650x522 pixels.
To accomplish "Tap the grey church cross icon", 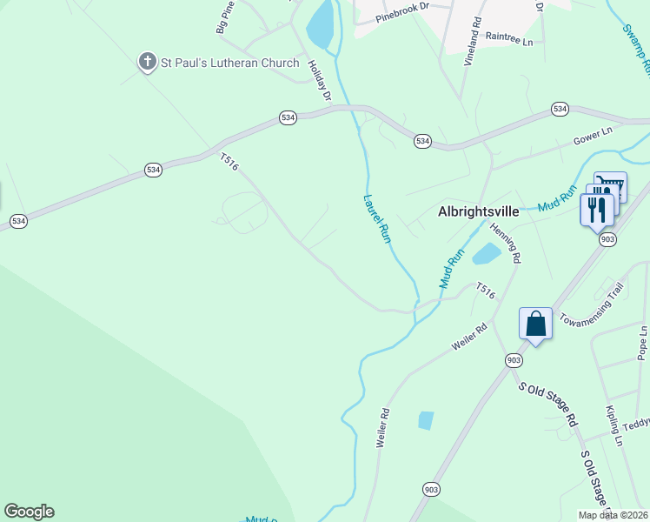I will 148,62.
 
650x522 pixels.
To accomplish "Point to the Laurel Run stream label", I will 376,217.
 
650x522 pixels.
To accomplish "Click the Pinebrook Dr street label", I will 403,6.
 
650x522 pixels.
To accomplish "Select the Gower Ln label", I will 593,135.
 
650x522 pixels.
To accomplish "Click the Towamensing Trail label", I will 592,302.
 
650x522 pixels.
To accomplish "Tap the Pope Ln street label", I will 642,343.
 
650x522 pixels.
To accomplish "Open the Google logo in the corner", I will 29,512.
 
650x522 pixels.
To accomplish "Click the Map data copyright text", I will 613,515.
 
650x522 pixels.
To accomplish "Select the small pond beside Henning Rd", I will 485,254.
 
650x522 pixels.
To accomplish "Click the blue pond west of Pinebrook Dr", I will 320,24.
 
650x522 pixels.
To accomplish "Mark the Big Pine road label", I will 225,17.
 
